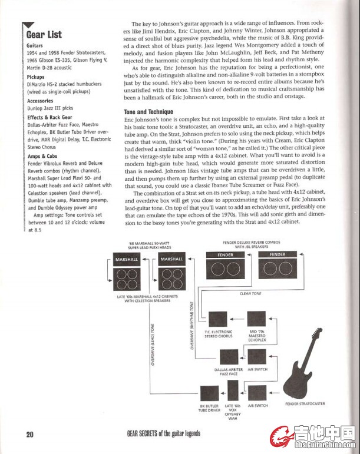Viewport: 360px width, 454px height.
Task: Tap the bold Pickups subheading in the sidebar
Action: coord(37,77)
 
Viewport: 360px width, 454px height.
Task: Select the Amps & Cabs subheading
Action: coord(42,156)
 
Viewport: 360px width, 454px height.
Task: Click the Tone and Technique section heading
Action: coord(148,112)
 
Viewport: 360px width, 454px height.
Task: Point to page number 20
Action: coord(29,435)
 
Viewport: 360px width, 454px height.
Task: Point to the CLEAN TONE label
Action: coord(251,293)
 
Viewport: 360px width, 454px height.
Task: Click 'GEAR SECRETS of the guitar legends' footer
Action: coord(163,434)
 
